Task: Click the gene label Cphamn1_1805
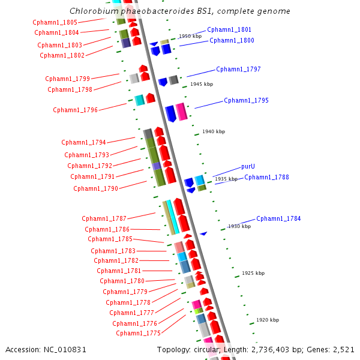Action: (55, 22)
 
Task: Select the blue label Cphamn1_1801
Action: (229, 29)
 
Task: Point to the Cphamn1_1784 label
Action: (278, 218)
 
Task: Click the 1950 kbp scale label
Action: (190, 37)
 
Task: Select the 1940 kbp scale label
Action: (214, 131)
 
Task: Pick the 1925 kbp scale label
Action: (253, 273)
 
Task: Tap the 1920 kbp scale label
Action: (268, 320)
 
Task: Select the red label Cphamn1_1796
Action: (75, 110)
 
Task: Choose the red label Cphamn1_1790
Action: (95, 188)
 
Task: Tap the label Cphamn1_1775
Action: (138, 333)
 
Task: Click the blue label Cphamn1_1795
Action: (246, 100)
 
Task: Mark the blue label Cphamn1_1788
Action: (266, 177)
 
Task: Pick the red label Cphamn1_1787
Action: (104, 218)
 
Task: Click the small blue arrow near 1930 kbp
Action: (203, 233)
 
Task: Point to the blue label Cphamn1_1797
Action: (238, 69)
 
